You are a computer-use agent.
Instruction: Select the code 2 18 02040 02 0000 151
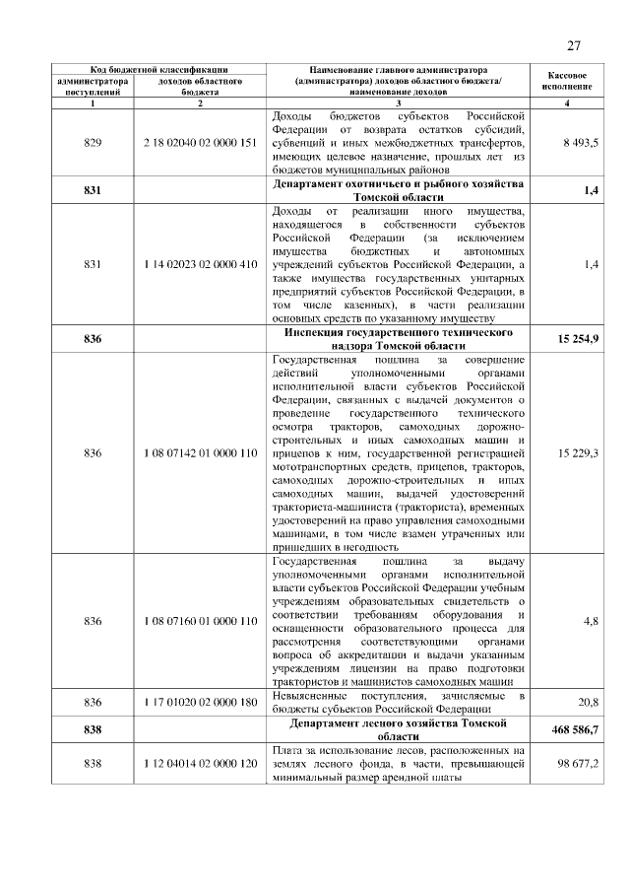click(199, 143)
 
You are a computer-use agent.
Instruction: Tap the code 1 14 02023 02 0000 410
click(199, 265)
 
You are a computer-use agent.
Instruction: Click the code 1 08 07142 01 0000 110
click(199, 452)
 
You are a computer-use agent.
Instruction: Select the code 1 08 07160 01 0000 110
click(199, 622)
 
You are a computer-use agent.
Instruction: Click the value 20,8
click(589, 702)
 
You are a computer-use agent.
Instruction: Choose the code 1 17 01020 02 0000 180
click(199, 702)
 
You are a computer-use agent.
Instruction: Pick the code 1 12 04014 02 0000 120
click(199, 764)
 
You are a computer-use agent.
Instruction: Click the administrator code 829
click(94, 143)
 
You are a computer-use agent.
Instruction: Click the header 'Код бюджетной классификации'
click(159, 70)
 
